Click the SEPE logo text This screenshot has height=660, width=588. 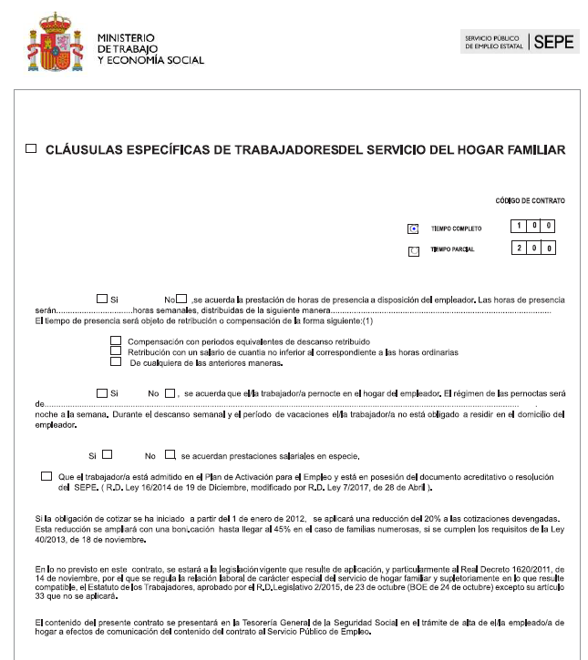554,42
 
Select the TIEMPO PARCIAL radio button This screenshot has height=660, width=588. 414,250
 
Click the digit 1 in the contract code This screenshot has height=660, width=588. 518,225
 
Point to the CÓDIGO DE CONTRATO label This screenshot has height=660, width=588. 530,199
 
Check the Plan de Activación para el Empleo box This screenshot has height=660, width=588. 46,476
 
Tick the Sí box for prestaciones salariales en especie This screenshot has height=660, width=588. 108,454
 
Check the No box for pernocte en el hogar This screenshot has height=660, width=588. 170,393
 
